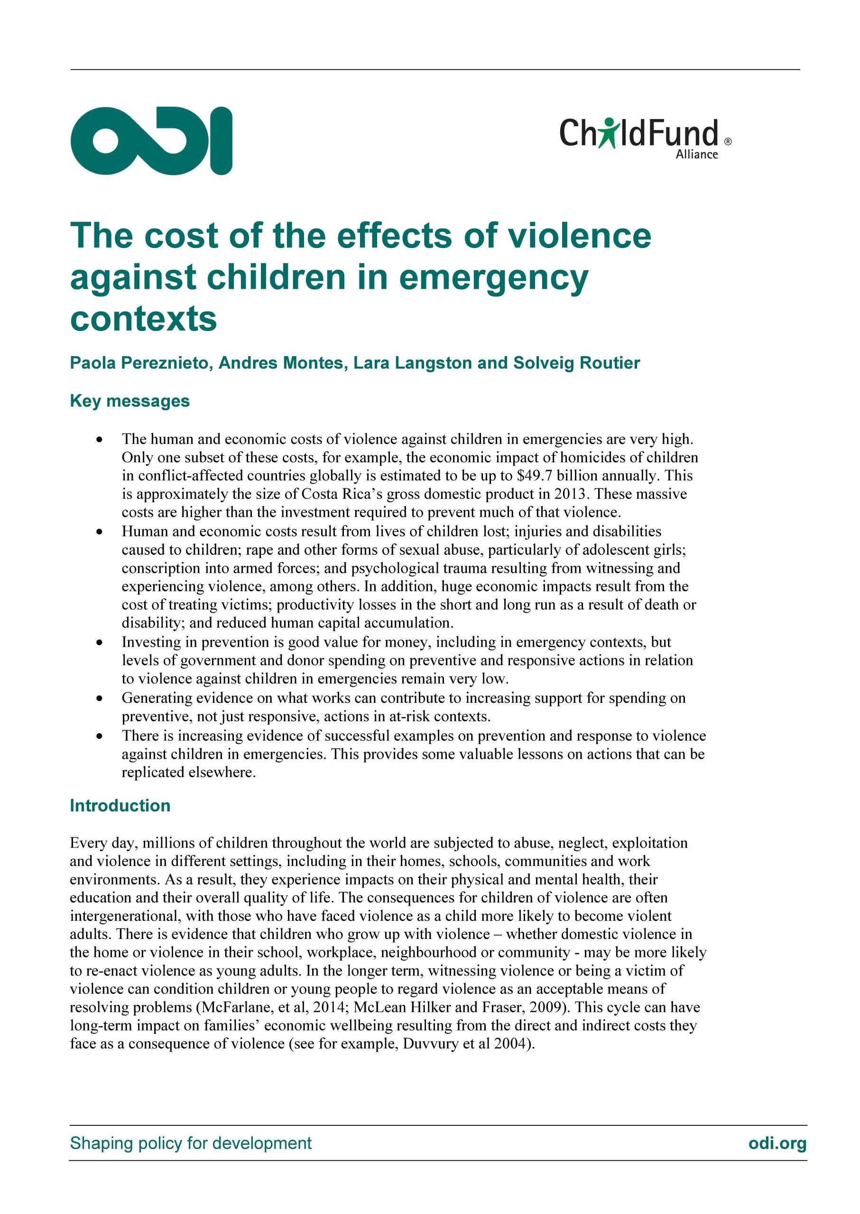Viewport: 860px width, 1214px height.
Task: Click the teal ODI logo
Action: tap(151, 140)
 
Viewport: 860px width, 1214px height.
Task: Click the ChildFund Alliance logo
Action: tap(645, 137)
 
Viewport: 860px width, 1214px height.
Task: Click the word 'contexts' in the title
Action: tap(144, 319)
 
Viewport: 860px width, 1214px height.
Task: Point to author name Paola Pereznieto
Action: tap(141, 363)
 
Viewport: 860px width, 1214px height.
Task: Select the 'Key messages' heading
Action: tap(130, 401)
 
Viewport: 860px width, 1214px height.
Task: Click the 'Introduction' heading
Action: tap(120, 805)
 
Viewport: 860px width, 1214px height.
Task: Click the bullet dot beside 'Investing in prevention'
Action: tap(99, 643)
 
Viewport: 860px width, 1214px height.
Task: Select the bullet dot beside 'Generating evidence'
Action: tap(99, 699)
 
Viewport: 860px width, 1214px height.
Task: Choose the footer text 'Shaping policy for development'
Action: tap(191, 1143)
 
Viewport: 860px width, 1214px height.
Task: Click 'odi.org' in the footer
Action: tap(777, 1143)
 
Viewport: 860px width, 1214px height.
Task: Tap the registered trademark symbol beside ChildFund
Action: tap(728, 141)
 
